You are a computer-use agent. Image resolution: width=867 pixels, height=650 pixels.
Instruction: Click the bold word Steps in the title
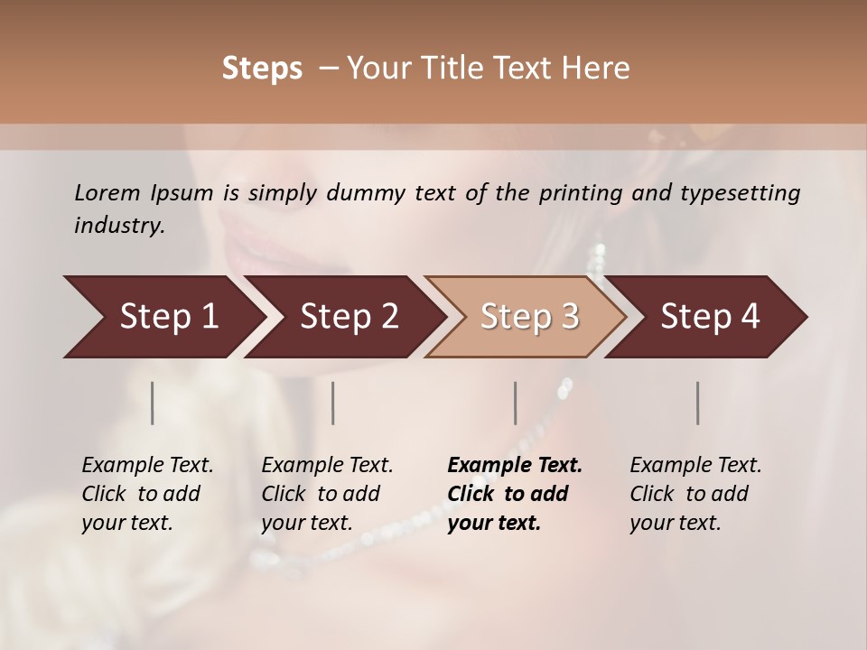[x=262, y=69]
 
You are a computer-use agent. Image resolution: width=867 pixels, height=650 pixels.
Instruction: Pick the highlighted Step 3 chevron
[x=529, y=316]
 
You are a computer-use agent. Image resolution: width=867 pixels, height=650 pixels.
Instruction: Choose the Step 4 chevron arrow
[x=710, y=316]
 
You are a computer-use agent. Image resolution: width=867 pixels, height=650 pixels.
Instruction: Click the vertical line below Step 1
[x=153, y=403]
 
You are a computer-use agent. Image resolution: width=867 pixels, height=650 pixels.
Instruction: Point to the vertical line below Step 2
[x=333, y=403]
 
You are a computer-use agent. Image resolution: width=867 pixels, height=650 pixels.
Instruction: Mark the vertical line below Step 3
[x=515, y=403]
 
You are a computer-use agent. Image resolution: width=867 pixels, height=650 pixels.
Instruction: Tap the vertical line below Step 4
[x=698, y=403]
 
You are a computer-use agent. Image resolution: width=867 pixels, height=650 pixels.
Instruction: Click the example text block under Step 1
[x=147, y=494]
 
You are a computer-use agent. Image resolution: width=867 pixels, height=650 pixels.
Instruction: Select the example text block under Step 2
[x=327, y=494]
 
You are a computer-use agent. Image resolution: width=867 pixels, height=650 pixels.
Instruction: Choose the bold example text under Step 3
[x=515, y=494]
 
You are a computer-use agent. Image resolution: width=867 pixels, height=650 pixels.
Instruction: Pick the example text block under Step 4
[x=695, y=494]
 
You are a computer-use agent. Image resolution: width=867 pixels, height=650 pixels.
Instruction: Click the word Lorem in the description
[x=107, y=192]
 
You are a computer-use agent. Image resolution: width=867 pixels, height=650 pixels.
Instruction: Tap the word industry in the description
[x=119, y=226]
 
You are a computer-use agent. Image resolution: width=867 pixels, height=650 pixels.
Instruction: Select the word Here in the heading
[x=597, y=69]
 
